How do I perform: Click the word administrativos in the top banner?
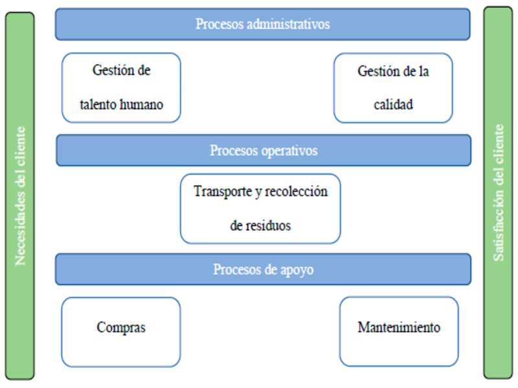point(288,24)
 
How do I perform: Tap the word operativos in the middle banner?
point(289,151)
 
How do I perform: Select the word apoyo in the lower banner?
point(297,270)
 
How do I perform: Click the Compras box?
point(121,332)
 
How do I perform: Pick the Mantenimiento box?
point(399,332)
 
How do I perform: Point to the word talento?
point(98,105)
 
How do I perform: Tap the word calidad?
point(393,105)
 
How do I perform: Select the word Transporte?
point(223,191)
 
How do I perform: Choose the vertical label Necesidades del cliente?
point(20,196)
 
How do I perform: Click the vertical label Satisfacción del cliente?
point(499,193)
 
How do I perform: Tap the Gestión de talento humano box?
point(121,88)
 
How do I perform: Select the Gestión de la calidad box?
point(393,88)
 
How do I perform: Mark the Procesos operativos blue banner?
point(264,151)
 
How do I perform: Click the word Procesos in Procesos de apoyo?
point(237,270)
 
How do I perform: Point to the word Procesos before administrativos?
point(220,24)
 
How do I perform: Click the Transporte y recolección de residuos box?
point(260,209)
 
